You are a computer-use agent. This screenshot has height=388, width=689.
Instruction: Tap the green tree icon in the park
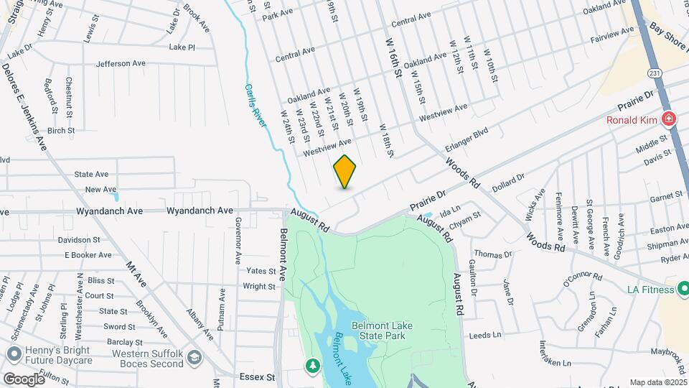pyautogui.click(x=313, y=366)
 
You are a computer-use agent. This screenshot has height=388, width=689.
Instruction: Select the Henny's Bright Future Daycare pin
pyautogui.click(x=13, y=354)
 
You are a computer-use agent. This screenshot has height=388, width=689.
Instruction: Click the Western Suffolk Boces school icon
pyautogui.click(x=194, y=357)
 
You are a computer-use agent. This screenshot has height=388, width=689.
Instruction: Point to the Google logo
pyautogui.click(x=24, y=379)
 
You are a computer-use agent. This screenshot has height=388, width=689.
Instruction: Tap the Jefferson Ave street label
pyautogui.click(x=121, y=64)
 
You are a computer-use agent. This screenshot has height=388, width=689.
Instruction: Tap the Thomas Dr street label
pyautogui.click(x=492, y=254)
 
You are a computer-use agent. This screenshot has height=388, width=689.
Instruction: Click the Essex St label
pyautogui.click(x=261, y=377)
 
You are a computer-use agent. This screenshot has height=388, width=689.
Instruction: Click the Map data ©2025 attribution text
pyautogui.click(x=657, y=382)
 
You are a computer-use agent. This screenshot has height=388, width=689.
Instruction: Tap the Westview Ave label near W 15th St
pyautogui.click(x=444, y=111)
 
